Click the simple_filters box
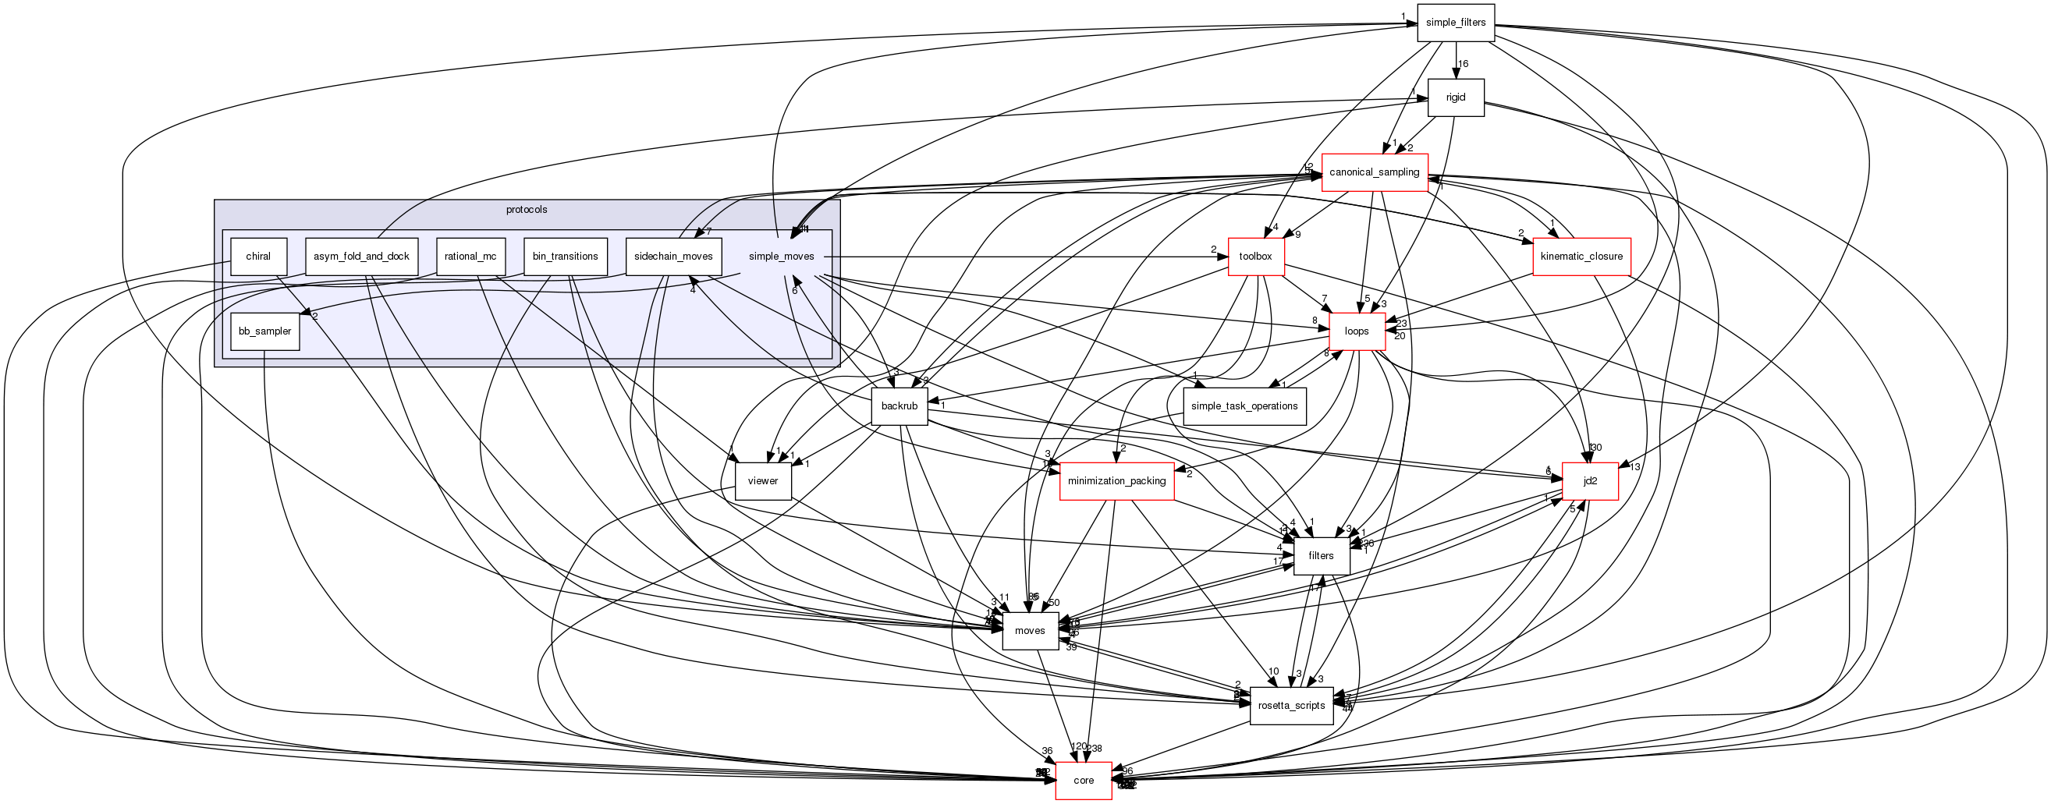coord(1456,23)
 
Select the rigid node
coord(1456,97)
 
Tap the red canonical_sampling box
coord(1375,172)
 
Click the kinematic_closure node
coord(1581,257)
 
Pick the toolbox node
coord(1255,257)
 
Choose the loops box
coord(1357,331)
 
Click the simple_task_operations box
coord(1244,406)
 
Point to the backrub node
coord(900,406)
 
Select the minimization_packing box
coord(1116,481)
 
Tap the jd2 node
coord(1590,481)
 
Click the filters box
coord(1321,556)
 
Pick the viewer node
coord(763,481)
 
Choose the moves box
coord(1030,630)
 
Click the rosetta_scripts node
coord(1291,705)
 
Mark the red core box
coord(1084,780)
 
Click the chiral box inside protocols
coord(258,257)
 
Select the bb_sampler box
coord(265,331)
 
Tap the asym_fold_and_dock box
coord(361,257)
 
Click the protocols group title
coord(527,210)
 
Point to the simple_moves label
coord(781,257)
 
